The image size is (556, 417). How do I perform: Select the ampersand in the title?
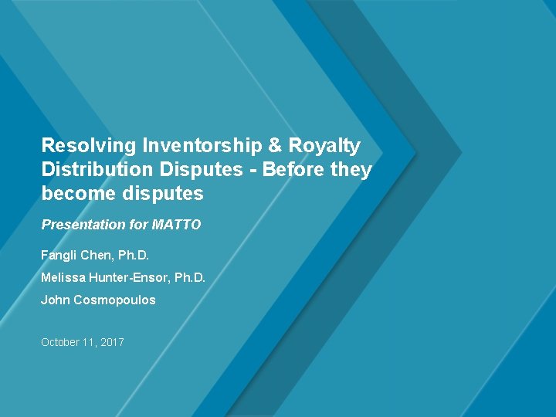pyautogui.click(x=274, y=146)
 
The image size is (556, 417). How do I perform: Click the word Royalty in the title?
pyautogui.click(x=325, y=146)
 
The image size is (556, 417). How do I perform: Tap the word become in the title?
pyautogui.click(x=78, y=193)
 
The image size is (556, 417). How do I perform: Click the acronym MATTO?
pyautogui.click(x=176, y=225)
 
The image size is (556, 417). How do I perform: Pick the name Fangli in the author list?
pyautogui.click(x=59, y=254)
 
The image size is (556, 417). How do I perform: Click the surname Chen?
pyautogui.click(x=98, y=254)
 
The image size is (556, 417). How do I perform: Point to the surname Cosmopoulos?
pyautogui.click(x=114, y=300)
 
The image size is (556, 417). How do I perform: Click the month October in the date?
pyautogui.click(x=59, y=342)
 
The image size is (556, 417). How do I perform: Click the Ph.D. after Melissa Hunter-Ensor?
pyautogui.click(x=190, y=277)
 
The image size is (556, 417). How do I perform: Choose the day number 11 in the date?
pyautogui.click(x=88, y=342)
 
